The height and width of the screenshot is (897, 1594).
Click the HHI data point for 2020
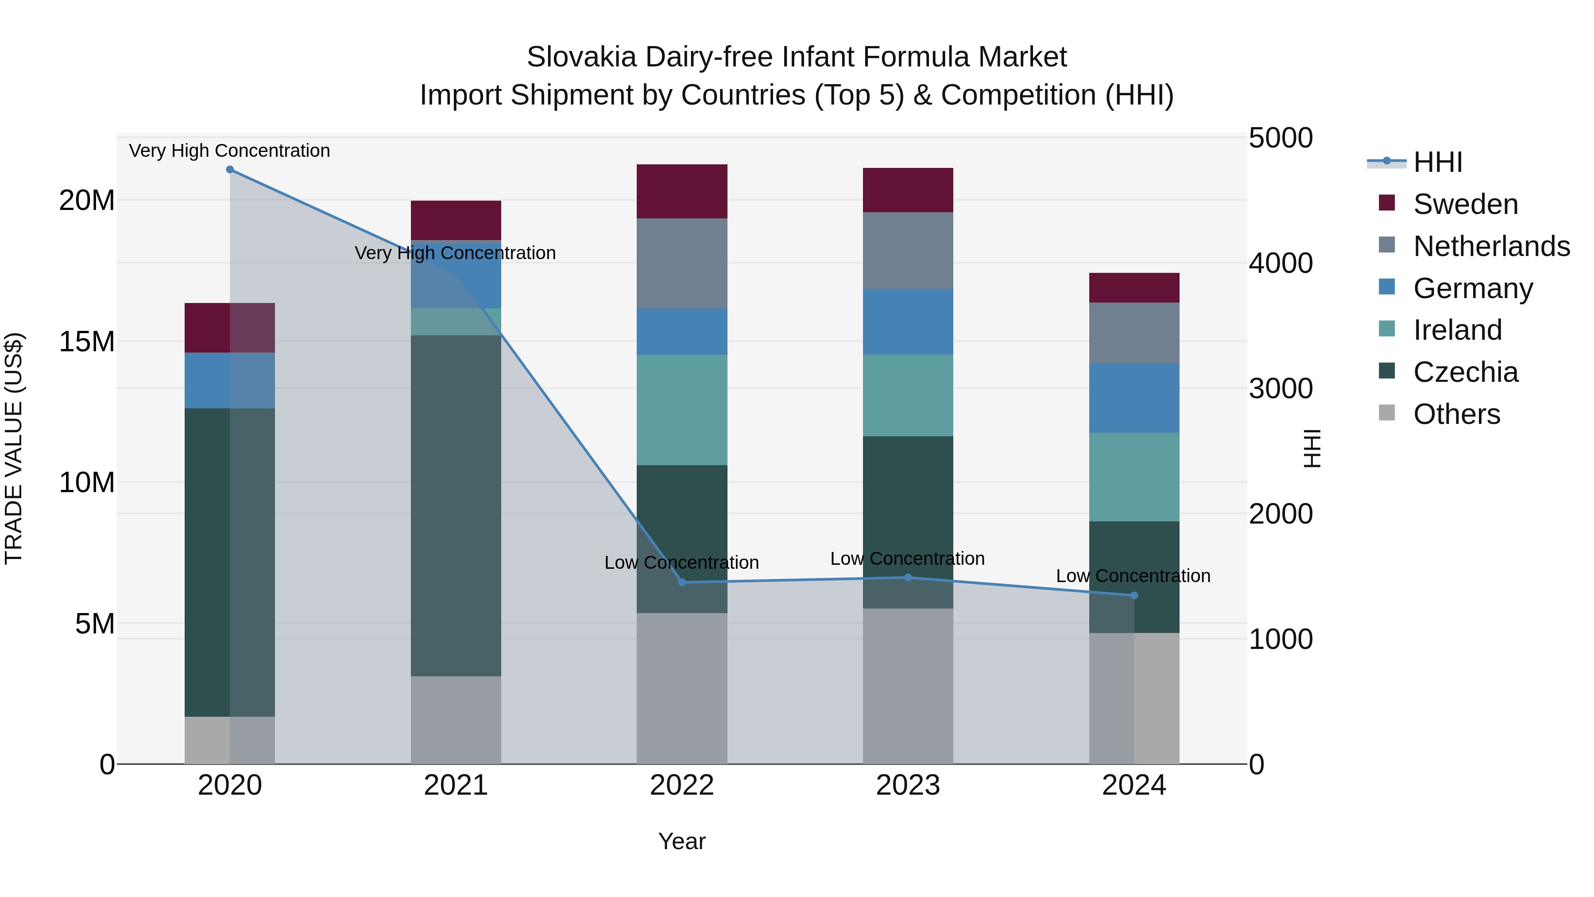click(229, 170)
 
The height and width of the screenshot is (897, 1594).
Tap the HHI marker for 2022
click(682, 582)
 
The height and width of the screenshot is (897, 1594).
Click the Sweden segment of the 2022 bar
click(682, 191)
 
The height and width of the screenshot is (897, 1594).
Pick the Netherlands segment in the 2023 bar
click(908, 251)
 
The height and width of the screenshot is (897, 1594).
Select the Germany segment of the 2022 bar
click(682, 332)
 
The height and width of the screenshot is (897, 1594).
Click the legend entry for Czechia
click(1465, 372)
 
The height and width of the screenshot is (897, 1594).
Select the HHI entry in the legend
click(1437, 162)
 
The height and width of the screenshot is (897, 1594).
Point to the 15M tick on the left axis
click(87, 342)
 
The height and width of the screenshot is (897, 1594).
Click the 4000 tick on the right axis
click(1280, 263)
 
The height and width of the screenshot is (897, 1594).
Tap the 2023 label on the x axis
click(908, 785)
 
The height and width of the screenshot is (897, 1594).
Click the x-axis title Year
click(682, 841)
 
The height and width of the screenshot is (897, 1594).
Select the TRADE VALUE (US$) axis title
click(14, 448)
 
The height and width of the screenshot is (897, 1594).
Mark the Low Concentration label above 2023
click(907, 559)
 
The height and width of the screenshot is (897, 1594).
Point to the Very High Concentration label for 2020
click(229, 151)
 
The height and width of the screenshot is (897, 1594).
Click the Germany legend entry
click(1473, 288)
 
